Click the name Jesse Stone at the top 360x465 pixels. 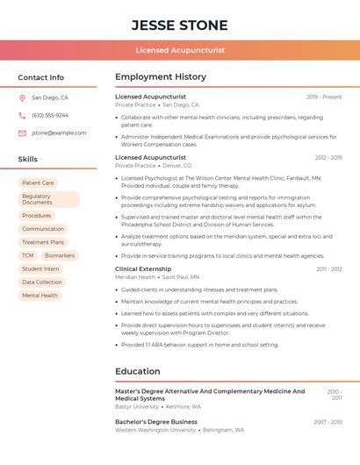(x=180, y=25)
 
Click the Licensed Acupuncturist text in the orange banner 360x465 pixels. (x=180, y=50)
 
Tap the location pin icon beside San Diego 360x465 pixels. (x=22, y=98)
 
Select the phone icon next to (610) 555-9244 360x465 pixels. (x=22, y=116)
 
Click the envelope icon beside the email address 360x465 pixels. (x=22, y=133)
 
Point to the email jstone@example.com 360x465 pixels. (x=59, y=133)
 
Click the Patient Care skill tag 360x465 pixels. (x=38, y=183)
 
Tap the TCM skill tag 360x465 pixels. (x=28, y=255)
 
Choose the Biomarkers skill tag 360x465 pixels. (x=60, y=255)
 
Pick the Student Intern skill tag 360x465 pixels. (x=40, y=268)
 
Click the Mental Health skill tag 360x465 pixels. (x=40, y=296)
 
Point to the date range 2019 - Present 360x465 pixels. (x=324, y=97)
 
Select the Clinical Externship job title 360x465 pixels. (x=143, y=268)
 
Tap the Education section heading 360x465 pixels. (x=138, y=371)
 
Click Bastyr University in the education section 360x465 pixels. (x=137, y=407)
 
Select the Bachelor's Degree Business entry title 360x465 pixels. (x=156, y=422)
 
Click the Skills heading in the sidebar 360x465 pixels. (x=28, y=160)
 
